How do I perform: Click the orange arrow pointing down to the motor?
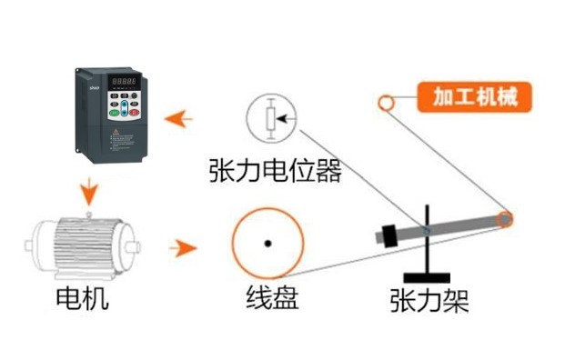[x=88, y=191]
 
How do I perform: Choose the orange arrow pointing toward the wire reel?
[x=184, y=246]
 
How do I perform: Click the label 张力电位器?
[x=275, y=170]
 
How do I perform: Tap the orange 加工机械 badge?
[x=473, y=96]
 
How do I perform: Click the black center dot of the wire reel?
[x=267, y=243]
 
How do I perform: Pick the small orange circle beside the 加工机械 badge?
[x=387, y=102]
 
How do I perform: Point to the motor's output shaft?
[x=136, y=245]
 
